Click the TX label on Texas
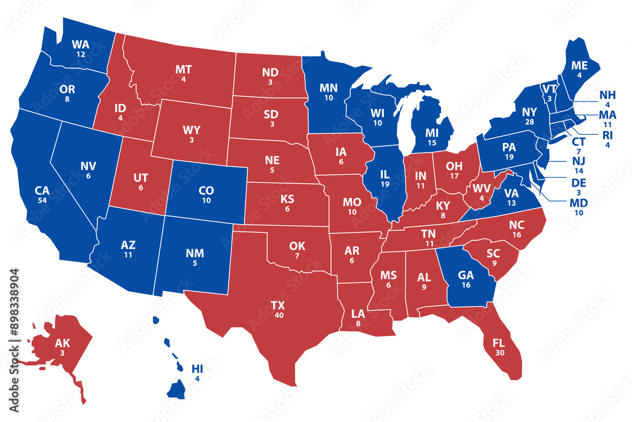277,305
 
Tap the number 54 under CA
42,200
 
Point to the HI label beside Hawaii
198,368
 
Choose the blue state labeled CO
206,190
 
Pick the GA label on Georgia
465,275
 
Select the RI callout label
606,134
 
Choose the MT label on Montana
183,69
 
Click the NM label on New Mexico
195,253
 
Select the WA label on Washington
80,44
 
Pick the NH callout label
607,96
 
